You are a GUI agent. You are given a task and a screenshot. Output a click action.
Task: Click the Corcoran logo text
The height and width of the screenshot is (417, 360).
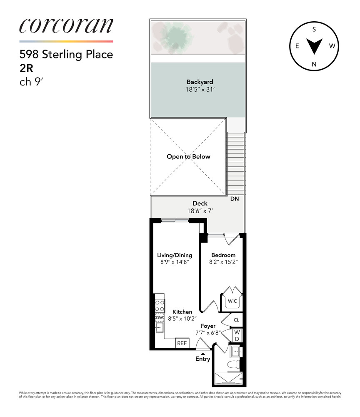point(66,26)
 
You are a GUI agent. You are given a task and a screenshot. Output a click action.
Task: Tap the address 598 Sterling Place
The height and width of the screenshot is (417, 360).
point(66,55)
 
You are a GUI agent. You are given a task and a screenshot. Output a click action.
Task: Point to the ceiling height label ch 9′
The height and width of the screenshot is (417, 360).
point(31,82)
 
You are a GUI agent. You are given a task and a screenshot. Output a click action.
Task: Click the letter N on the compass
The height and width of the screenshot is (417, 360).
point(315,64)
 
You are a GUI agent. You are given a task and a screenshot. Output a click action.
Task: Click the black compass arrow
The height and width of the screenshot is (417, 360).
point(315,46)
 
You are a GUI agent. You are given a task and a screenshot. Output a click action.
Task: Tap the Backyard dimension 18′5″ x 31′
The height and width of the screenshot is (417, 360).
point(200,90)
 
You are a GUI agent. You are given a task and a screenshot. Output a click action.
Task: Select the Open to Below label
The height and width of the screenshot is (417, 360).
point(188,157)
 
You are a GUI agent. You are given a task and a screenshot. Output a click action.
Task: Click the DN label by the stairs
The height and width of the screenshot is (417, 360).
point(235,199)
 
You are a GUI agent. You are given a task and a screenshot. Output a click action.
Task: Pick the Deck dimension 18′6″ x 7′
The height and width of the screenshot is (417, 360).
point(200,211)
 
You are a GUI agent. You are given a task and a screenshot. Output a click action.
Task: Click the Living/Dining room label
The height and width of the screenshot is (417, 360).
point(175,255)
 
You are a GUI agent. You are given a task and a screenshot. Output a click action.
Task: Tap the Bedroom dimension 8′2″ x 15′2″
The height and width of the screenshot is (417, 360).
point(223,262)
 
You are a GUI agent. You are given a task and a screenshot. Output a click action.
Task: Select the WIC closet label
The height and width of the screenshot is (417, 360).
point(232,301)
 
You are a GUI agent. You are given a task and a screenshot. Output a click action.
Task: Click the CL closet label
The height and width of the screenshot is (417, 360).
point(236,320)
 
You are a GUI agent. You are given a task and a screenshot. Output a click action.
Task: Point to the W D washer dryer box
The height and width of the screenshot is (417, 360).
point(237,335)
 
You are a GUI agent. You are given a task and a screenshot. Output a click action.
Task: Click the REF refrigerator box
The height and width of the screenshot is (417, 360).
point(182,343)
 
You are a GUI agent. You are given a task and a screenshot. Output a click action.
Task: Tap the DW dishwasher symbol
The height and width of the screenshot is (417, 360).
point(159,318)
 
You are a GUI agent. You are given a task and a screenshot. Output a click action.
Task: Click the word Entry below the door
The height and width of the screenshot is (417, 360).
point(203,359)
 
